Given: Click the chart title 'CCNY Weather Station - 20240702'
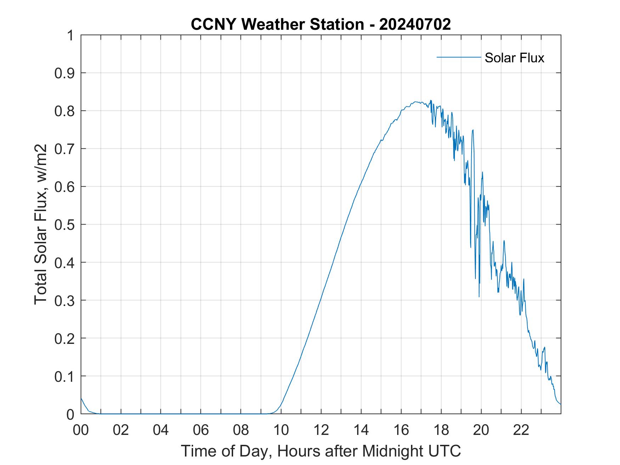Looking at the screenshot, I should [x=321, y=24].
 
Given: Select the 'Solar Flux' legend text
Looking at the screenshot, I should [x=514, y=58].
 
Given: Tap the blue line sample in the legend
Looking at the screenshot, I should [x=458, y=57].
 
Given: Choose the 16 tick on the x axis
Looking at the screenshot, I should [x=401, y=430].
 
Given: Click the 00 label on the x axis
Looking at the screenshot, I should [x=81, y=430].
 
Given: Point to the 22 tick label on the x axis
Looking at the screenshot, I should [x=521, y=430].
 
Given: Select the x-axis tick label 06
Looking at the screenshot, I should [x=201, y=430].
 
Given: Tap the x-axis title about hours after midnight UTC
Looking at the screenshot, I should [x=321, y=451].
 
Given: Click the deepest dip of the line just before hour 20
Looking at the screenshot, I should [x=479, y=296].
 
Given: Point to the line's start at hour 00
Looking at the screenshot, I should [x=81, y=398].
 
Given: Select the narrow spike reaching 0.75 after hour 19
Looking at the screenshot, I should [x=473, y=130].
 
